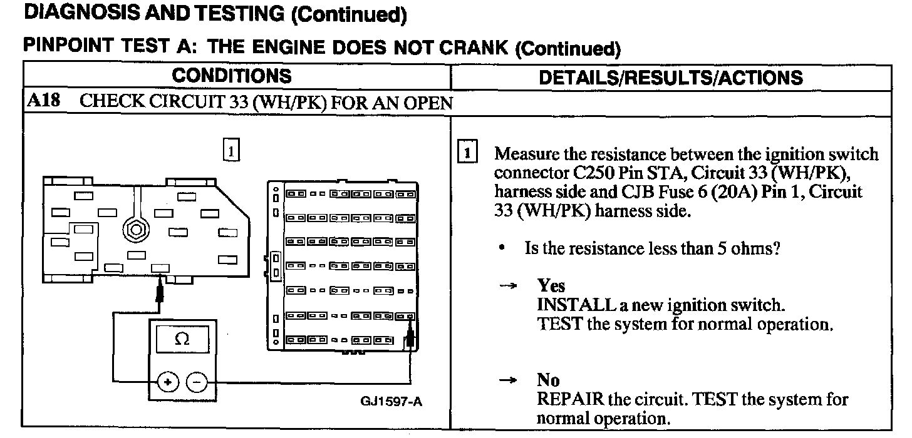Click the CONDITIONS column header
232,76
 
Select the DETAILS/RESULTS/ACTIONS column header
671,78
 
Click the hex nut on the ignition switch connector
133,228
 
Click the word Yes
551,287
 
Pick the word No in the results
548,380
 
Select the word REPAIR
571,399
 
